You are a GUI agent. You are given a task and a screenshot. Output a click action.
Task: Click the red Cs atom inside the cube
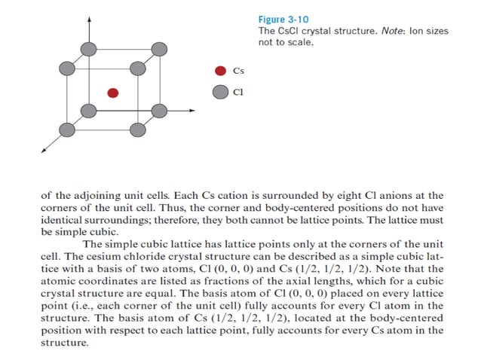(112, 93)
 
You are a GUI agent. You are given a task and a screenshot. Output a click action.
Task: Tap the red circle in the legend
(220, 72)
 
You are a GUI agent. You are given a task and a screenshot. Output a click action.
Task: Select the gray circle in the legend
(220, 93)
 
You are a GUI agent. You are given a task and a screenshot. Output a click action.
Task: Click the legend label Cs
(238, 72)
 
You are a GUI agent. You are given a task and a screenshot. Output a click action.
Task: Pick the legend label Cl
(237, 93)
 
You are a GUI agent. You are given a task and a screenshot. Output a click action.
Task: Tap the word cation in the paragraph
(227, 196)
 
